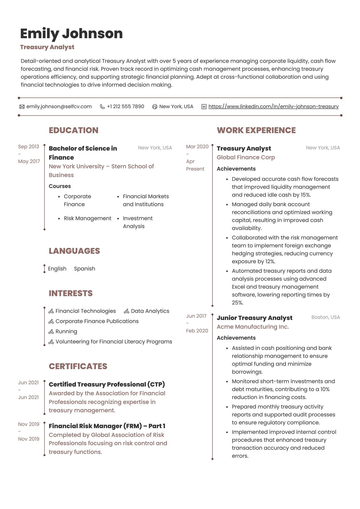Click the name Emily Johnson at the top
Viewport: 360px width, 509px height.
71,34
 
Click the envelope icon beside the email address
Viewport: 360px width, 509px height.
22,107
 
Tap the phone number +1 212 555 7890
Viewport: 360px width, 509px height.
125,106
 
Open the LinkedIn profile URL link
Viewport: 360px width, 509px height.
273,106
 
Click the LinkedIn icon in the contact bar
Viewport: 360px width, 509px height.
204,107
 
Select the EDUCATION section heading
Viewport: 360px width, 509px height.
74,130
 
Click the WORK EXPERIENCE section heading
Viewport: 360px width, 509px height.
256,130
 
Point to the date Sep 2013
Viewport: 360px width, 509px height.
29,147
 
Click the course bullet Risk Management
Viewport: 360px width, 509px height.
87,218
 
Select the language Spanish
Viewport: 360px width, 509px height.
85,269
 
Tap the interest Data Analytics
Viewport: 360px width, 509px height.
150,311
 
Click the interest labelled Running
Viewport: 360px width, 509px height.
66,332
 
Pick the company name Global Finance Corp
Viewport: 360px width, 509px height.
246,157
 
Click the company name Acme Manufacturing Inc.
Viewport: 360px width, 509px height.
253,327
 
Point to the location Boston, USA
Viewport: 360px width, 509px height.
326,317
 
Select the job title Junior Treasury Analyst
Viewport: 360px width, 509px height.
254,318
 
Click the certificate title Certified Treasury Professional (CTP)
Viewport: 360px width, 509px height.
107,384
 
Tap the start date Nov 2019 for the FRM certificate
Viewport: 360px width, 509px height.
29,424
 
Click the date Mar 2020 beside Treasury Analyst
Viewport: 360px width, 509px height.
197,147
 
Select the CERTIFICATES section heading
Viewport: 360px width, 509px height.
78,366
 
